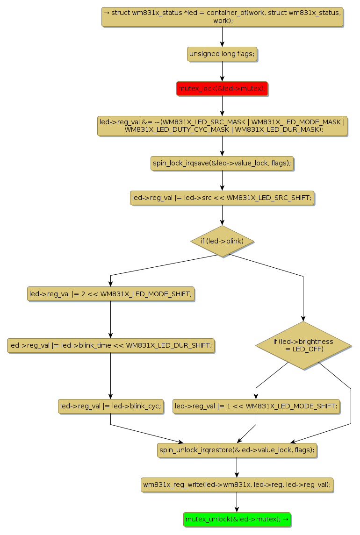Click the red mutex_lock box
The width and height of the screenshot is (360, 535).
tap(222, 88)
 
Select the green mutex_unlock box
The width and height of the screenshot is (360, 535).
tap(237, 519)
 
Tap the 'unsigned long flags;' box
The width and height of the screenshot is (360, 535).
tap(222, 54)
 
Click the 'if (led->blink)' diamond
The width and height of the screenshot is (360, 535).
tap(222, 241)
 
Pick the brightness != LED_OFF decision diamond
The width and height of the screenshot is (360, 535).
tap(303, 346)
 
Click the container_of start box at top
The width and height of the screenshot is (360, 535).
tap(222, 17)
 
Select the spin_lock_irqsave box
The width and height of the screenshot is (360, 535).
tap(222, 163)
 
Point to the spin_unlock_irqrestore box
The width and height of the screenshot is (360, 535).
tap(237, 450)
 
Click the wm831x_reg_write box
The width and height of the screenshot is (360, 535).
tap(237, 485)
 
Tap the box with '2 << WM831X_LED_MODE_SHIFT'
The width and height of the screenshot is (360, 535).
tap(110, 294)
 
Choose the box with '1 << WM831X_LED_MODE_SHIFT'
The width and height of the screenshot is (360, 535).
tap(256, 406)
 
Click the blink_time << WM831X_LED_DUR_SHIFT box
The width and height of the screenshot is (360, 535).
tap(110, 346)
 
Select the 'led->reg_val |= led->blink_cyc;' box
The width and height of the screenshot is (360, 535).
tap(110, 406)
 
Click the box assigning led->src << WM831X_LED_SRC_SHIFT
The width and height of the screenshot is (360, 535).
tap(222, 198)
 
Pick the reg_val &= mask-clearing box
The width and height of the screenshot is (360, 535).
tap(222, 126)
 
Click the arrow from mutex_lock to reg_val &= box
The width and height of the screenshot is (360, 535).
tap(222, 106)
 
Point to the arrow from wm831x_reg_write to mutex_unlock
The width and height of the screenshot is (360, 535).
tap(237, 502)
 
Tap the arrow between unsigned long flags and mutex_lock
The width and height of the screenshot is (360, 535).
tap(222, 71)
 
